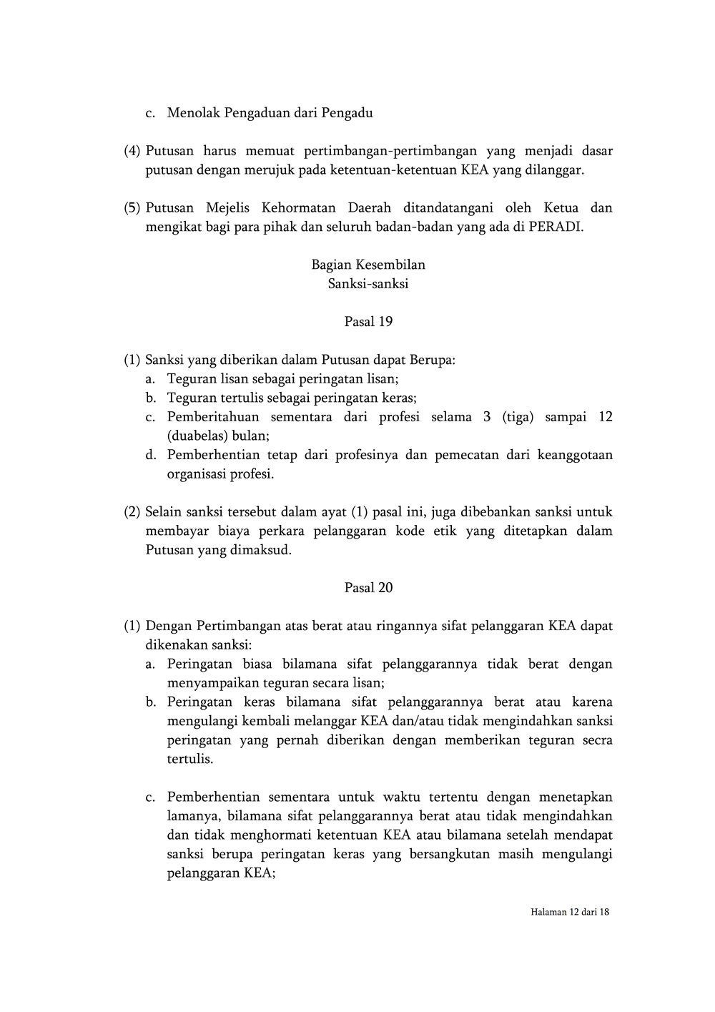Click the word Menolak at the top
[194, 113]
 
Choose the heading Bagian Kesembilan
[368, 265]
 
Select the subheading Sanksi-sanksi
[368, 284]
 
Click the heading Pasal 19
[368, 322]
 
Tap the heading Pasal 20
[368, 588]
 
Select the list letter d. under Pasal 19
[150, 455]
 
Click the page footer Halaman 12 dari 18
[570, 913]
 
